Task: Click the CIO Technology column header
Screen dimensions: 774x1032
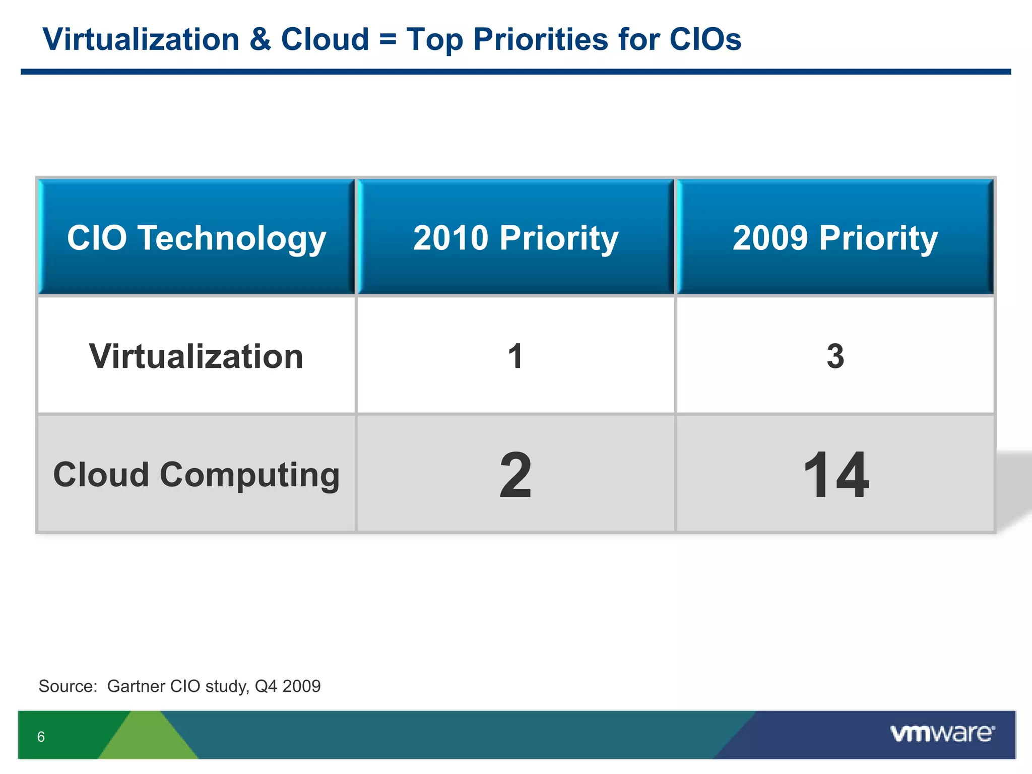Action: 197,237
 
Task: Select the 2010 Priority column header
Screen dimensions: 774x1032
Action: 515,237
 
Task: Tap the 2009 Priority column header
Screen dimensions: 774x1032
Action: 835,237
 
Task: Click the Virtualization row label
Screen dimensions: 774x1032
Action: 197,356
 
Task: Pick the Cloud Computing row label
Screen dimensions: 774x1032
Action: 197,475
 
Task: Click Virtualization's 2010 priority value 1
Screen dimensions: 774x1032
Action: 515,356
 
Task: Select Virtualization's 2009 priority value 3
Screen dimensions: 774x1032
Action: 835,356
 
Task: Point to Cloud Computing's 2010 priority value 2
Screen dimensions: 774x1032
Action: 515,475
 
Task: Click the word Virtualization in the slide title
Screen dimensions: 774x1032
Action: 141,39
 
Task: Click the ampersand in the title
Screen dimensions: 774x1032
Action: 260,39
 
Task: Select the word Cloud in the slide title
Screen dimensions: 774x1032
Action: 325,39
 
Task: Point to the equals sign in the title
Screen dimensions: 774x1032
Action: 388,39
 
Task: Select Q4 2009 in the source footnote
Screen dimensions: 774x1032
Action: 288,686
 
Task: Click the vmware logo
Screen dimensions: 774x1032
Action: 942,733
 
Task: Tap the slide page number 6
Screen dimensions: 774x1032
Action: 41,737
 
